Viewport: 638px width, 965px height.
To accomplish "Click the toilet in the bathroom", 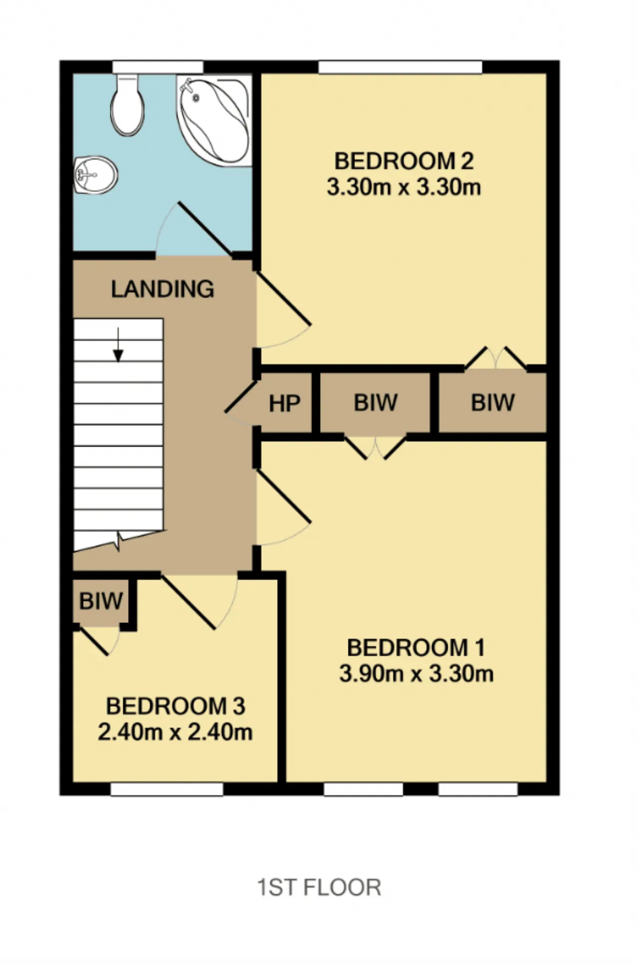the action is (x=128, y=105).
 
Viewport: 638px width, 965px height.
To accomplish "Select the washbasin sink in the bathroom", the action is (x=96, y=174).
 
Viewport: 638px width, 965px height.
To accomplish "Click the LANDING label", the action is (x=162, y=289).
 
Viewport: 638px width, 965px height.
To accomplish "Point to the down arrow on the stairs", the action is (x=118, y=344).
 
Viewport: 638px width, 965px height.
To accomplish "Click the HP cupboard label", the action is (x=285, y=404).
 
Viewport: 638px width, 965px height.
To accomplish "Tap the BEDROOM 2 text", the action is (x=404, y=161).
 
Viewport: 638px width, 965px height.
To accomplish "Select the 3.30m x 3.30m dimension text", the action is (x=404, y=187).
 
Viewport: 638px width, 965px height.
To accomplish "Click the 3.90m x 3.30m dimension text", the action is (x=416, y=674).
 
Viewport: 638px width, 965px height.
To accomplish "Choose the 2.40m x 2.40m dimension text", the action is (x=175, y=732).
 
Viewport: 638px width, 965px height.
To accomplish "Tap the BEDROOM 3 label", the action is (x=175, y=706).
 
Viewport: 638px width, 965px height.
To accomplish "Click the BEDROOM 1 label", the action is (x=416, y=647).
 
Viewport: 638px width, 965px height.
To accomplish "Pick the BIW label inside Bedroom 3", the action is (x=101, y=601).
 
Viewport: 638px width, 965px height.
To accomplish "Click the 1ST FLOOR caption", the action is (x=319, y=888).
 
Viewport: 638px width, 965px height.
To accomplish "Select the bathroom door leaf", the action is (x=205, y=229).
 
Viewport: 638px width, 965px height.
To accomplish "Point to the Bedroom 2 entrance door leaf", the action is (x=284, y=298).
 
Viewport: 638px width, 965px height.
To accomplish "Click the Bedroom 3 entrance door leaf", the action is (x=188, y=602).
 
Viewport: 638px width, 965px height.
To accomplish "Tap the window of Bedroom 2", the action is (x=400, y=67).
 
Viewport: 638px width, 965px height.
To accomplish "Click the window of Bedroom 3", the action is (x=166, y=789).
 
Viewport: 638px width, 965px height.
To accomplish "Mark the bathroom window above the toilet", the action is (x=158, y=67).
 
